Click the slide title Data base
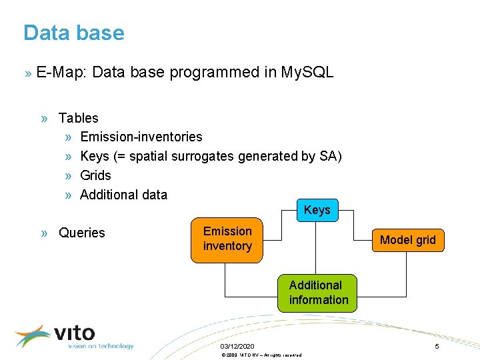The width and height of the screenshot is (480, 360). coord(73,33)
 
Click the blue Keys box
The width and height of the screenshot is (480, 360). coord(317,211)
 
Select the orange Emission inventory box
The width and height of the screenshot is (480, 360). coord(227,239)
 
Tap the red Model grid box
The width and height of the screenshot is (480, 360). coord(407,240)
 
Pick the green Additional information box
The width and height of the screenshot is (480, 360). coord(318,293)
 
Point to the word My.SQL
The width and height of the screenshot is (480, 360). coord(307,72)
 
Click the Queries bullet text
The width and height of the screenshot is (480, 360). coord(82,233)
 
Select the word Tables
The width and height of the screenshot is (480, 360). coord(78,118)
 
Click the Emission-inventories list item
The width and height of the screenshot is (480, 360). coord(141,137)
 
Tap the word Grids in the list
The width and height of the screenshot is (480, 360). coord(95,175)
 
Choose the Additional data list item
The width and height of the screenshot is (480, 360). coord(123,195)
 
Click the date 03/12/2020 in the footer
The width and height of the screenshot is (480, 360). coord(237,347)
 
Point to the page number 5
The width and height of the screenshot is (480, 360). coord(437,347)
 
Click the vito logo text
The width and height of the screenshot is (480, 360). coord(74,333)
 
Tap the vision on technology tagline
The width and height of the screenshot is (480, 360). coord(101,346)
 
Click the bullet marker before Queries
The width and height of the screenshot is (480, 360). coord(43,233)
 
